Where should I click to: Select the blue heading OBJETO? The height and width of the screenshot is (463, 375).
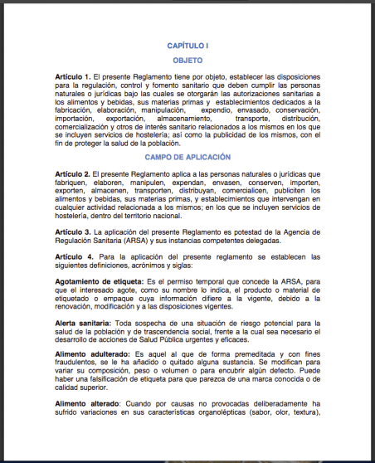[x=187, y=61]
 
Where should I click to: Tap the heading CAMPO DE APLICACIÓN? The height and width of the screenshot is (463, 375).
[x=187, y=156]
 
